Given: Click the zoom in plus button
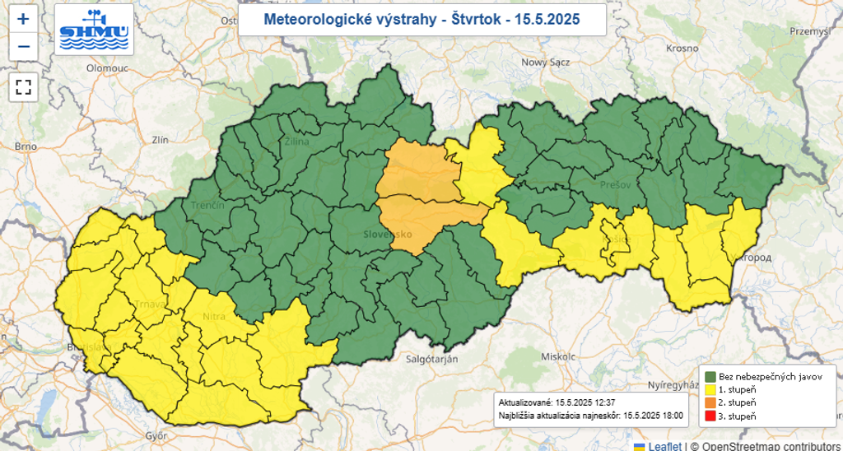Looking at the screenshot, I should [x=23, y=18].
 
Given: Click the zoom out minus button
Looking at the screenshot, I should [x=23, y=46].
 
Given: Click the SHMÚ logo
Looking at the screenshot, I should [x=94, y=30].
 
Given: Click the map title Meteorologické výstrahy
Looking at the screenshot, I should [x=421, y=20].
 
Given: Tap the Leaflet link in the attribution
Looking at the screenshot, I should [x=664, y=445].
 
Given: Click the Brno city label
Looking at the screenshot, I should [x=26, y=146].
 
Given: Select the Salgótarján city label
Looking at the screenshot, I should [x=436, y=360].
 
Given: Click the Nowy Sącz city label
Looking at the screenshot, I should [x=544, y=62].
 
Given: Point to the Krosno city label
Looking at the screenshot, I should [x=682, y=49].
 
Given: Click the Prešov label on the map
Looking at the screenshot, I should [x=615, y=185].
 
